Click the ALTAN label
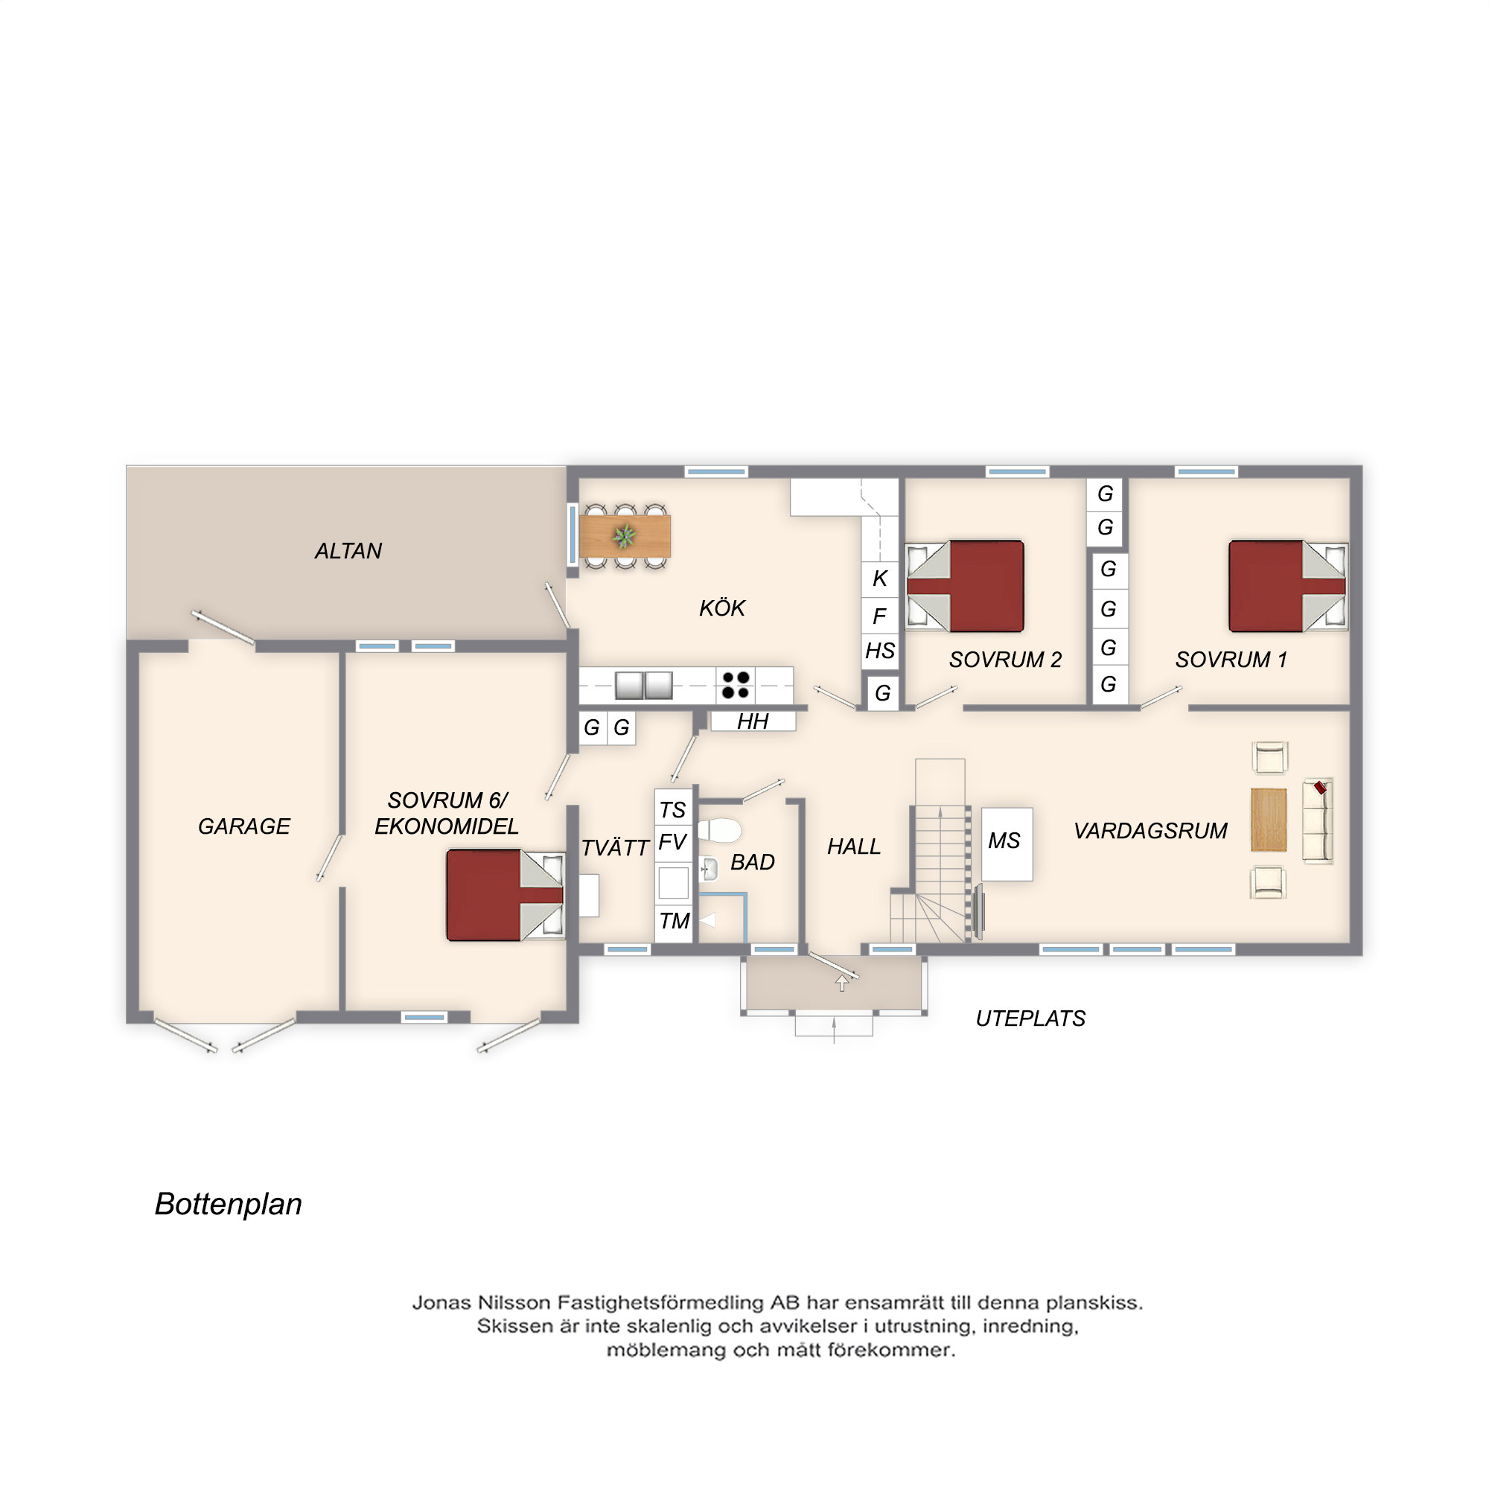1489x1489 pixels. [348, 551]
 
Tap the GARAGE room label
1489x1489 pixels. [244, 826]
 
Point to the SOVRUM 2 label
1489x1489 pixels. [1005, 660]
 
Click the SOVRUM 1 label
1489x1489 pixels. [1231, 660]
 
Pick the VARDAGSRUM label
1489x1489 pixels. [1151, 831]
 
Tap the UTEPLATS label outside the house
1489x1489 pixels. [1030, 1019]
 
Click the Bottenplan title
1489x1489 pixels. [228, 1205]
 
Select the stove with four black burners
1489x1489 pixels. [736, 685]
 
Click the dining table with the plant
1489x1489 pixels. [625, 536]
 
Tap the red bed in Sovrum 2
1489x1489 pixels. [965, 587]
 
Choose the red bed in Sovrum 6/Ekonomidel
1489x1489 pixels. [506, 895]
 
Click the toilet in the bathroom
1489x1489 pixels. [719, 831]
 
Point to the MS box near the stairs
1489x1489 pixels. [1006, 845]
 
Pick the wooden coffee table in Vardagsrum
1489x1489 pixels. [1269, 820]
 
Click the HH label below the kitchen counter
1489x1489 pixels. [752, 721]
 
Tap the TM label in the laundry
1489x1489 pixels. [675, 921]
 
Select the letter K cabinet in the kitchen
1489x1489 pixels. [879, 578]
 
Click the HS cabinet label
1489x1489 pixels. [879, 651]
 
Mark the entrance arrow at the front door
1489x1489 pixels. [841, 983]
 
